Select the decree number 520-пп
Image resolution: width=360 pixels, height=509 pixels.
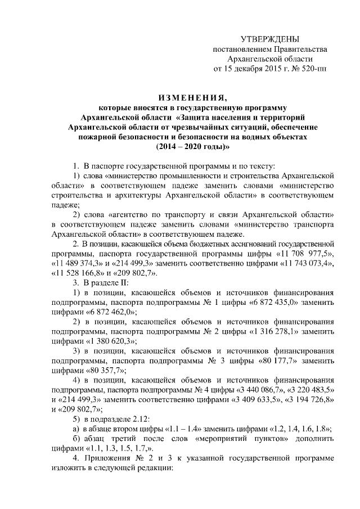(x=314, y=69)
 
